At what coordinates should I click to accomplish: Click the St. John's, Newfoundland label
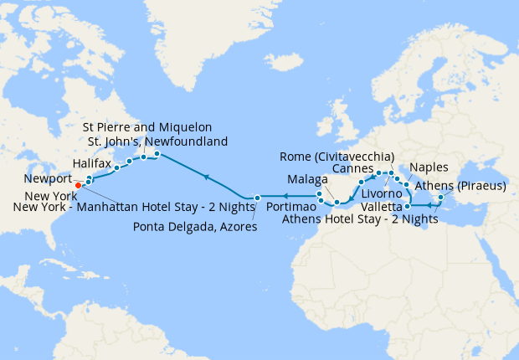pyautogui.click(x=158, y=141)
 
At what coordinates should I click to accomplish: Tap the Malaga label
pyautogui.click(x=303, y=179)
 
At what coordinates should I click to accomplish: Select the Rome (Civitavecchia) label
pyautogui.click(x=336, y=155)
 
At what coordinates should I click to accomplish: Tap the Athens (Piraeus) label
pyautogui.click(x=463, y=186)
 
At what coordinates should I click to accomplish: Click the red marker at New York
pyautogui.click(x=78, y=185)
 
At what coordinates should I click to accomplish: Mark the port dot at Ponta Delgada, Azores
pyautogui.click(x=258, y=197)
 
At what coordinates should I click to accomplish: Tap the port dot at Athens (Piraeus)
pyautogui.click(x=441, y=198)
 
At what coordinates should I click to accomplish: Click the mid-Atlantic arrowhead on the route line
pyautogui.click(x=205, y=177)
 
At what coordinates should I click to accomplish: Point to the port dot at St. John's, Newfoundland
pyautogui.click(x=157, y=153)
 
